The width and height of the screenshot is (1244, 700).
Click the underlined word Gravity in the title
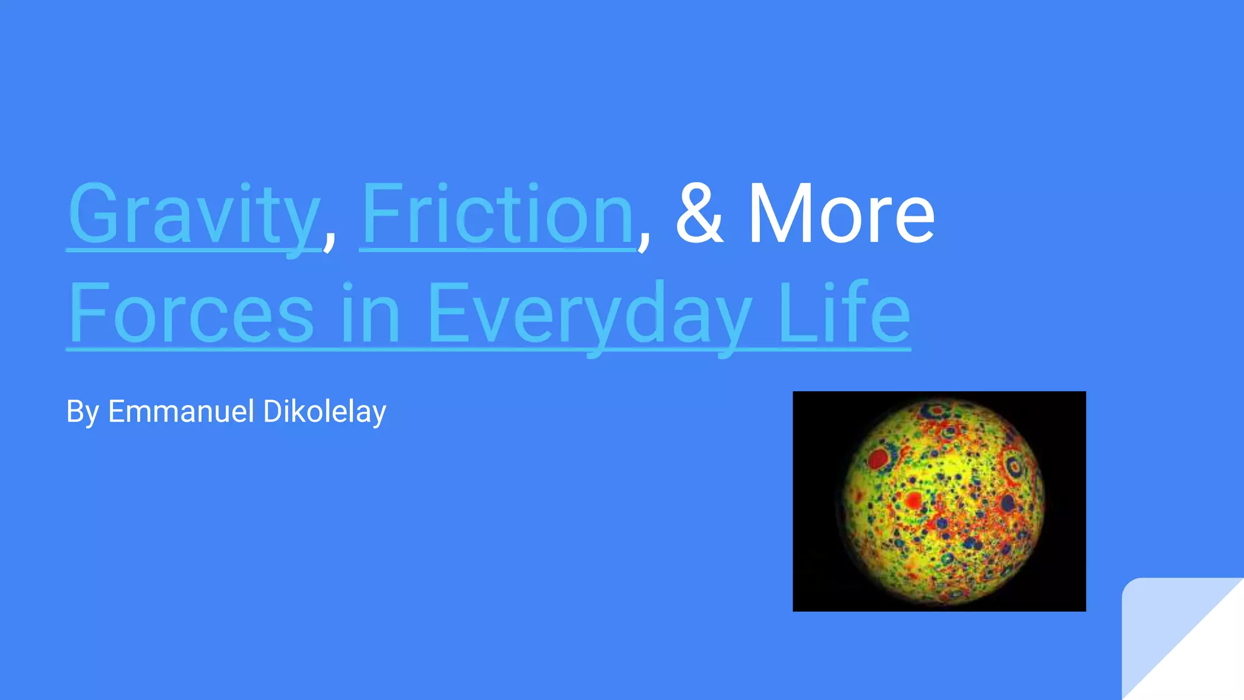coord(193,215)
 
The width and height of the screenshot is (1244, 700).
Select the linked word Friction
coord(497,215)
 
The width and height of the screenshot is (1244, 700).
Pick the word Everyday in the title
coord(589,314)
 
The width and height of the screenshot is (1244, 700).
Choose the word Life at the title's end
coord(844,314)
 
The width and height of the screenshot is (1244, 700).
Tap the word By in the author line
coord(83,412)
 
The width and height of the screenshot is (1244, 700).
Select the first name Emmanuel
coord(181,411)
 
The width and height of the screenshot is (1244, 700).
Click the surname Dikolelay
coord(325,412)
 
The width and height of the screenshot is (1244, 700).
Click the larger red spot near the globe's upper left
coord(878,458)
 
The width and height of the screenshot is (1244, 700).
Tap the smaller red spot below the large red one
coord(914,501)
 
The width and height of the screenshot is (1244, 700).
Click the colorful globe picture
coord(939,501)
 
